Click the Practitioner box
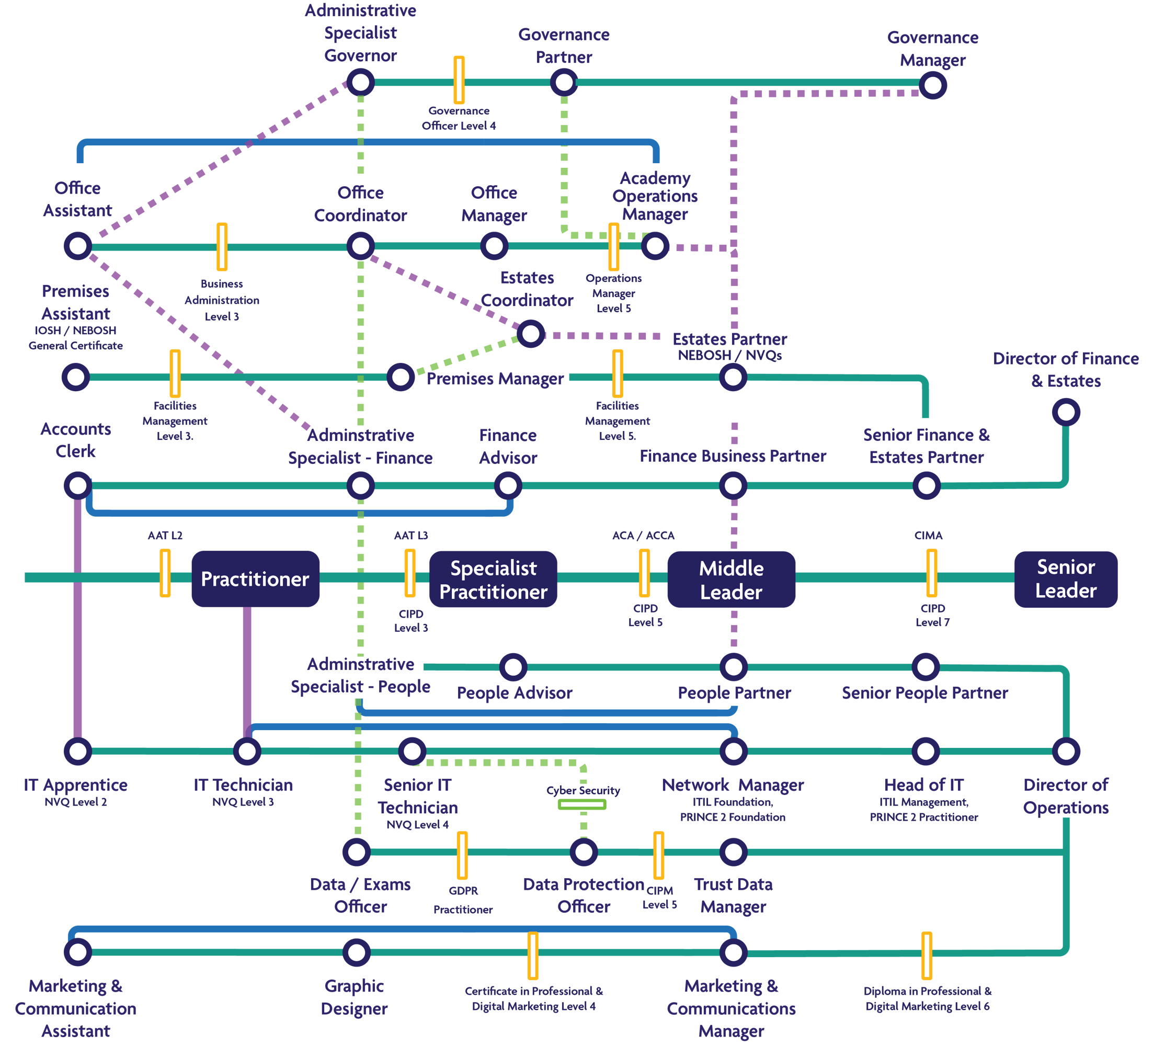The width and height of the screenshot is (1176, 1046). (x=255, y=578)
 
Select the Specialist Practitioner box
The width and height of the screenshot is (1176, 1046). (x=493, y=579)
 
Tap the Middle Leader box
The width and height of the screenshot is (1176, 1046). (x=730, y=579)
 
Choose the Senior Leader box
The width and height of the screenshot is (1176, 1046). (x=1066, y=579)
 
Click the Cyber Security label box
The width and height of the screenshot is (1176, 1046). (x=581, y=797)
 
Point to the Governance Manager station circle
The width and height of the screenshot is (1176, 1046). (x=933, y=85)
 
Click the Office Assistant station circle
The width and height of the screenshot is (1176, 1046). (x=78, y=246)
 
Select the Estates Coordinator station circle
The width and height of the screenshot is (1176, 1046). (x=531, y=333)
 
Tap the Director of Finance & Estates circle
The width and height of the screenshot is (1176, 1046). (x=1066, y=412)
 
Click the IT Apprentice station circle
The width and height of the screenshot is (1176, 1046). (x=78, y=751)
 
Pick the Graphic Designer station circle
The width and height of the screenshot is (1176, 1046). (x=356, y=952)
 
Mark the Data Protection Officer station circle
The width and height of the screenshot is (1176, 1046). (x=584, y=851)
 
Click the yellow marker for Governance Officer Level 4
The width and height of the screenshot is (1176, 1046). (x=459, y=80)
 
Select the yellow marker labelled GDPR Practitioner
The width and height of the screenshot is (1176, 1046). (x=462, y=855)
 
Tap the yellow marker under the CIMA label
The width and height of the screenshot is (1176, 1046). (x=931, y=573)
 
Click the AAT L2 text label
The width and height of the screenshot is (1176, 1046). (x=165, y=535)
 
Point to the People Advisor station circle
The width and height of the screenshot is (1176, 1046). (x=513, y=667)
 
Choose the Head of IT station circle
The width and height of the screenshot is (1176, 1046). (x=925, y=751)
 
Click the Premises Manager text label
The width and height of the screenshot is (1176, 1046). (x=495, y=379)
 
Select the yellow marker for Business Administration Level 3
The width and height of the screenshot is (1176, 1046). (x=222, y=247)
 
